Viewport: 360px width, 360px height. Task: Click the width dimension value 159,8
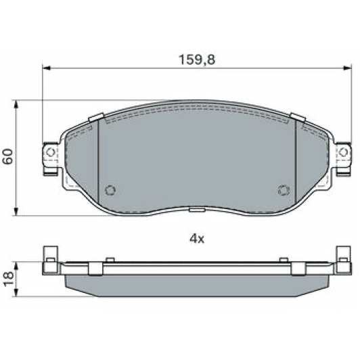click(196, 60)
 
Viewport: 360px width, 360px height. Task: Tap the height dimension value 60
click(7, 157)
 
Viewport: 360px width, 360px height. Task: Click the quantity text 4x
click(196, 238)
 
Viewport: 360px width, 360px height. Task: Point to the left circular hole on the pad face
click(112, 191)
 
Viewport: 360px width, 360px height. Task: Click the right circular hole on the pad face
click(283, 191)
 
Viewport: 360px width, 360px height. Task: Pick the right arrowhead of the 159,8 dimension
click(347, 68)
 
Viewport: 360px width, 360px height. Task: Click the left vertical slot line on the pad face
click(99, 159)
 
